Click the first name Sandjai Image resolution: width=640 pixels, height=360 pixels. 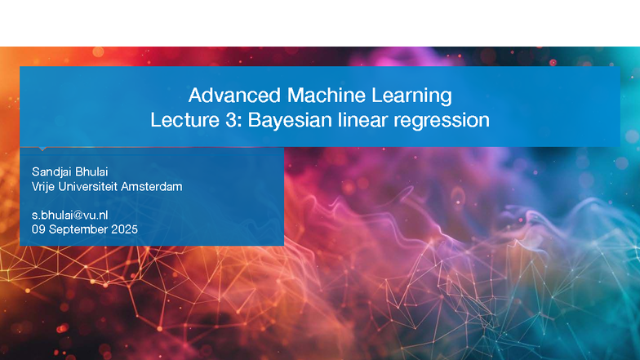[x=51, y=172]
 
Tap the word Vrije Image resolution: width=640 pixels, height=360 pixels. [x=43, y=187]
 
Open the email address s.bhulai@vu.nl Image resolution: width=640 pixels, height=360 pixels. [x=70, y=215]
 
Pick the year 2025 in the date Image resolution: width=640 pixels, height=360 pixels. [x=123, y=229]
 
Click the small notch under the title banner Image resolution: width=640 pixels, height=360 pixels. [x=41, y=149]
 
